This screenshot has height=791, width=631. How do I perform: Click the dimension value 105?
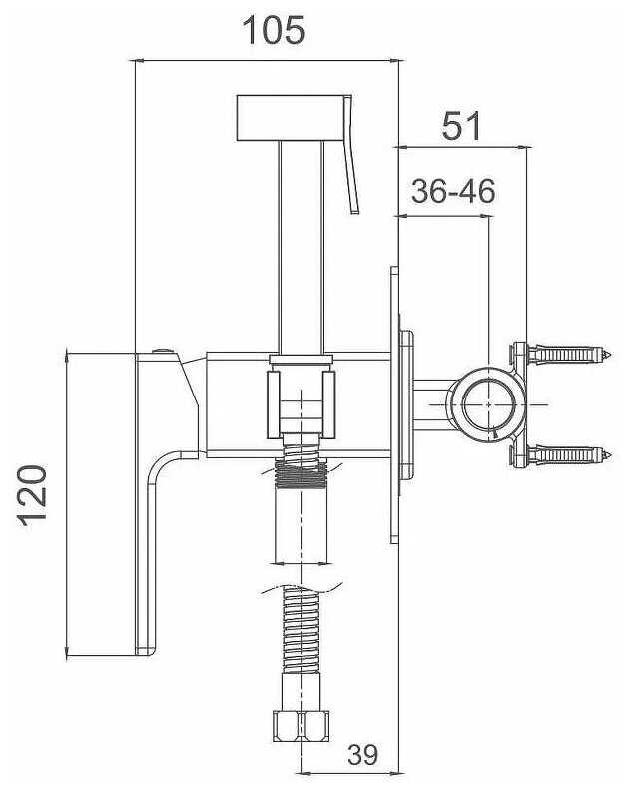(x=274, y=30)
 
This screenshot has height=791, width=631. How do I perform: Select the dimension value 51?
(x=461, y=126)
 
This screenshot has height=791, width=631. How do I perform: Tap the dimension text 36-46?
(x=453, y=191)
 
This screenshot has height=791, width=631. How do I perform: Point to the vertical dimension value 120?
(x=33, y=496)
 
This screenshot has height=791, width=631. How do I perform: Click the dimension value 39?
(x=362, y=755)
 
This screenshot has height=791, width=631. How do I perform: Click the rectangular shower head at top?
(x=291, y=117)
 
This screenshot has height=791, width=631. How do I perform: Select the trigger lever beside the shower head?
(x=351, y=154)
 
